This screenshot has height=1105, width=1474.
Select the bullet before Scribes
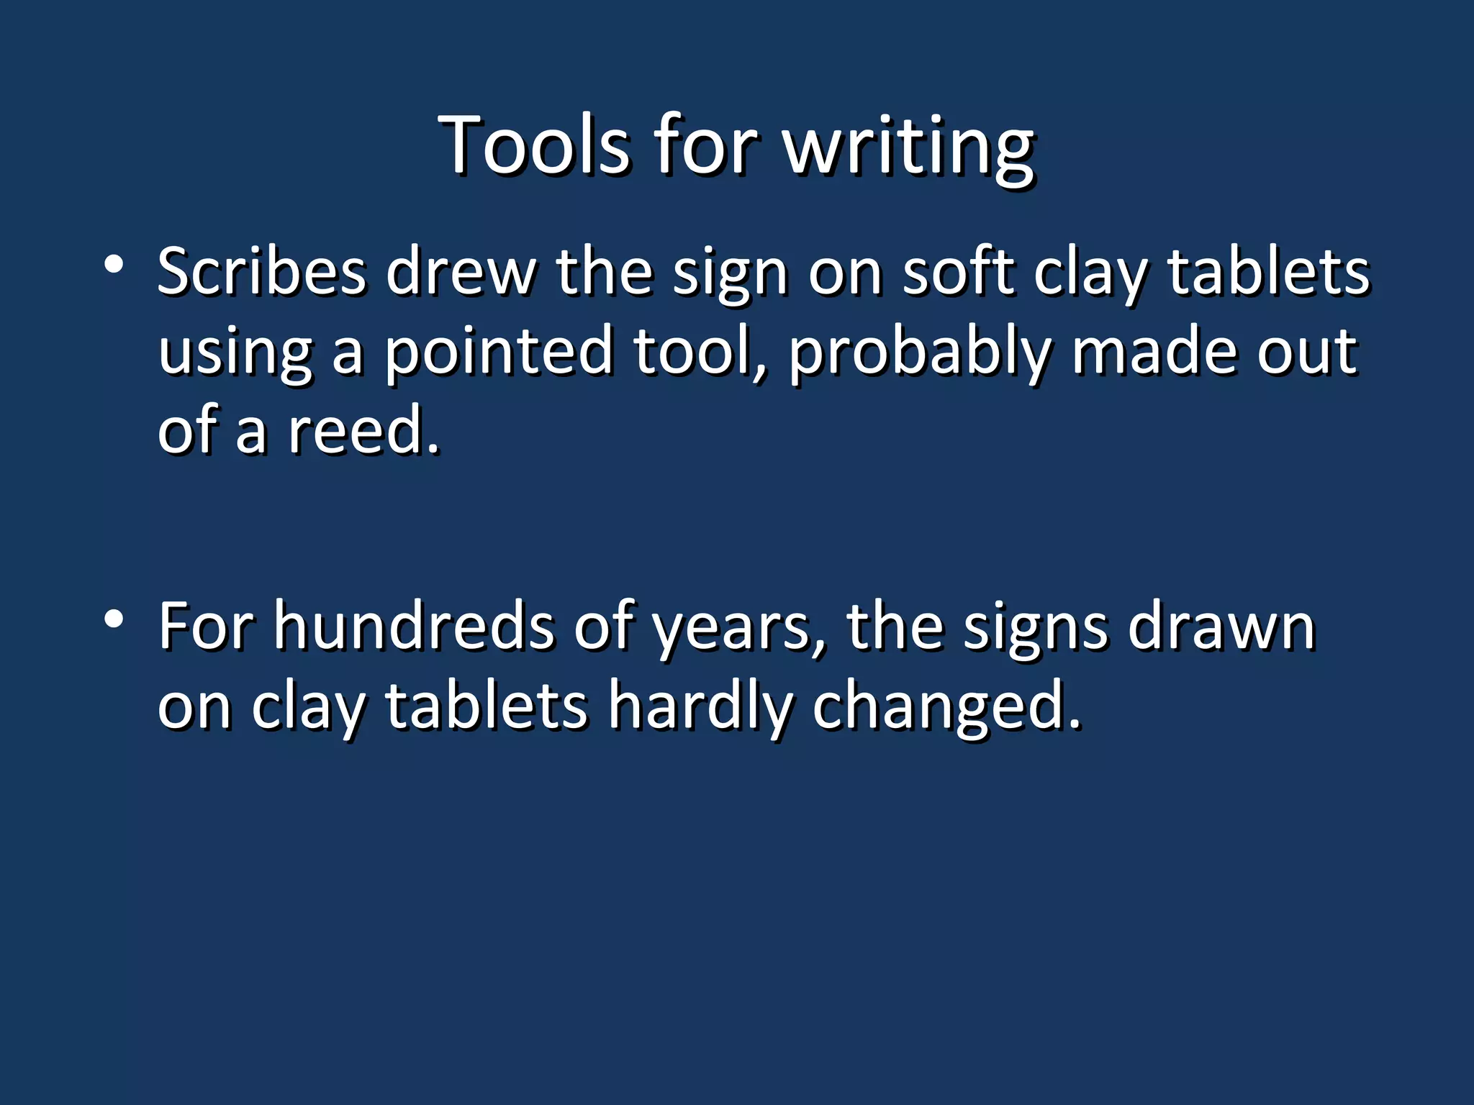pos(113,265)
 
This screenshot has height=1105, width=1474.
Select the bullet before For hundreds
pos(113,619)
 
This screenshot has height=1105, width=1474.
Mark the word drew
pos(461,272)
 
